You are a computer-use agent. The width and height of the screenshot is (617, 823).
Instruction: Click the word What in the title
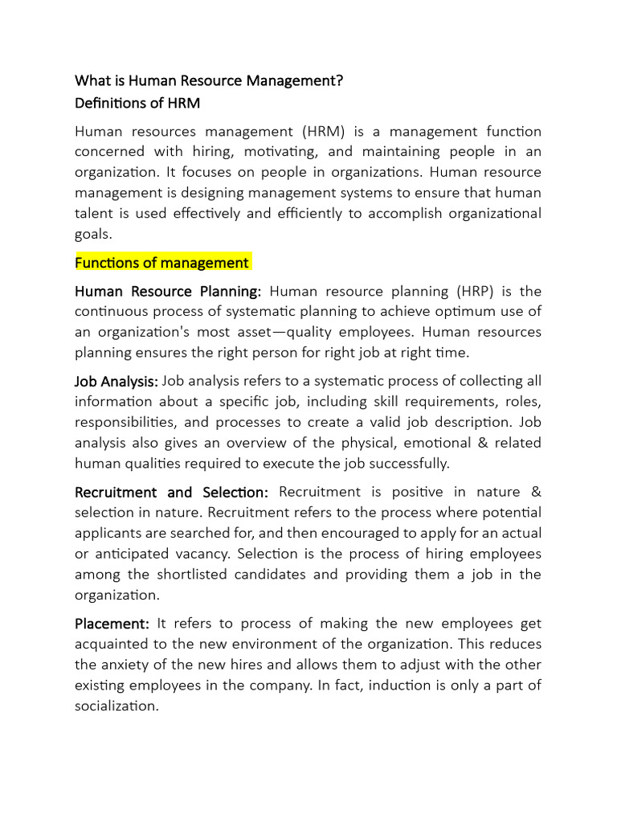tap(92, 80)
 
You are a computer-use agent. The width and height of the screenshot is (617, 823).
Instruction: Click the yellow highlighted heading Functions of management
tap(162, 263)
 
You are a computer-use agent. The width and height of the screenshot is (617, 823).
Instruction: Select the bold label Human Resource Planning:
tap(168, 291)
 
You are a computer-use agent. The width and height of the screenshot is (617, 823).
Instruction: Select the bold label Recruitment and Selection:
tap(172, 491)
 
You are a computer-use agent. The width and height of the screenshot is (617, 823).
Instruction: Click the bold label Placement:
tap(112, 624)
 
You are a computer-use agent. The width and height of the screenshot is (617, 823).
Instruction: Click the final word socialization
tap(116, 706)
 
